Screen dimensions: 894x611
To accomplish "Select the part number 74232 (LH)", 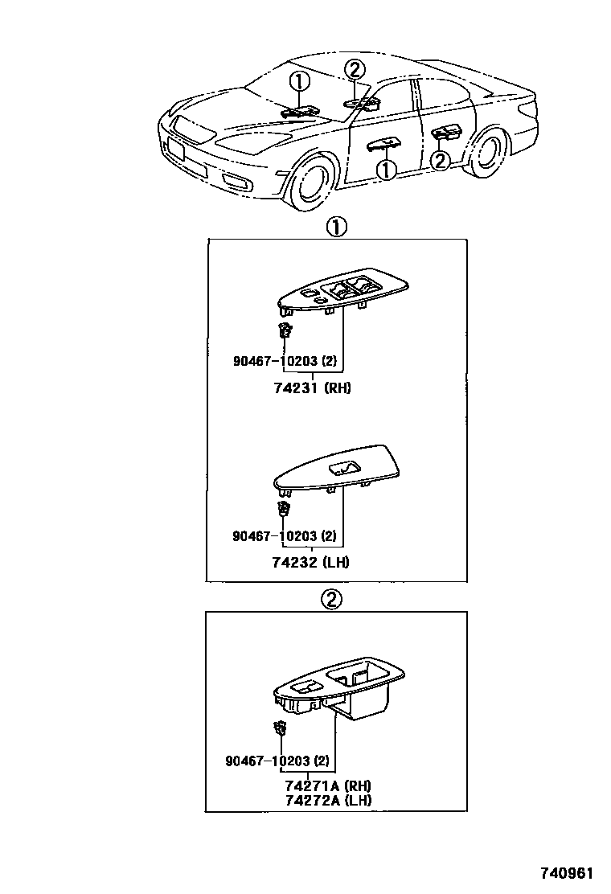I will pyautogui.click(x=311, y=562).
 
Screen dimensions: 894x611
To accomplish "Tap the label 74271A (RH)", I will pyautogui.click(x=327, y=785).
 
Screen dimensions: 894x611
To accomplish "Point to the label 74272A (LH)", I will pyautogui.click(x=327, y=801).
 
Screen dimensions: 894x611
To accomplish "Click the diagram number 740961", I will pyautogui.click(x=572, y=873).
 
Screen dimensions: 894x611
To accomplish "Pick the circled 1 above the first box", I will pyautogui.click(x=335, y=228).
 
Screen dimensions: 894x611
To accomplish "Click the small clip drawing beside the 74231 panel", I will pyautogui.click(x=284, y=330).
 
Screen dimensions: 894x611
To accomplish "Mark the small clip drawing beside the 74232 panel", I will pyautogui.click(x=284, y=507).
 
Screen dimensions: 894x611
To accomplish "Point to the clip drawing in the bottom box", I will pyautogui.click(x=281, y=729).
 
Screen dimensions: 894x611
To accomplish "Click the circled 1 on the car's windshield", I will pyautogui.click(x=299, y=81).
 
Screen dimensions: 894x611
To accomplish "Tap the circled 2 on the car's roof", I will pyautogui.click(x=355, y=70).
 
